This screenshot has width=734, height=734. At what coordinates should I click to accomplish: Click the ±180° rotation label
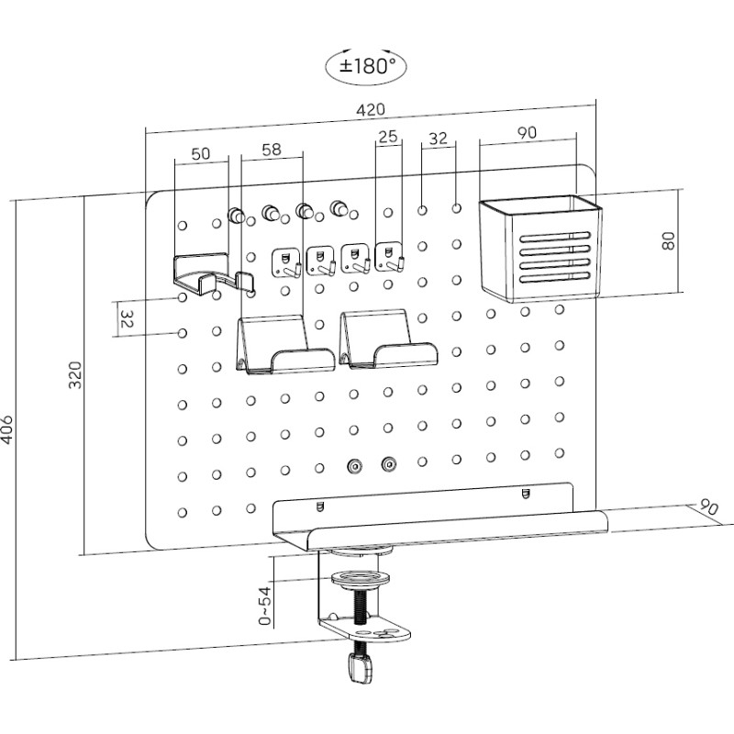pyautogui.click(x=366, y=66)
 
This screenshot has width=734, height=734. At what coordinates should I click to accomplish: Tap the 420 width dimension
pyautogui.click(x=371, y=110)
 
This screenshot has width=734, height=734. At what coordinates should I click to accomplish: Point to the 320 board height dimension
pyautogui.click(x=75, y=374)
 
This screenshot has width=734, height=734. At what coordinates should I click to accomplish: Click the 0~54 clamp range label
pyautogui.click(x=265, y=606)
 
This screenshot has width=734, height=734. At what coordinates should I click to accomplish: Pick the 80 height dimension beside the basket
pyautogui.click(x=669, y=240)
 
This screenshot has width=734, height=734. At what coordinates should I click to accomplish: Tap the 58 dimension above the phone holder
pyautogui.click(x=272, y=150)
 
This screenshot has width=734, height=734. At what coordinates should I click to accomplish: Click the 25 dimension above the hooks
pyautogui.click(x=387, y=137)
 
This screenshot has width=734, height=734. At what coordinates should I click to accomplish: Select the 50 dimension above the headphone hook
pyautogui.click(x=201, y=153)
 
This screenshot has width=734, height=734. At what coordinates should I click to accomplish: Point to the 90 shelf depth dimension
pyautogui.click(x=709, y=507)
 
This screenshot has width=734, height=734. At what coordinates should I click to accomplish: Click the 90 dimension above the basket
pyautogui.click(x=527, y=132)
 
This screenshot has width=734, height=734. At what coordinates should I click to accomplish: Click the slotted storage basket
pyautogui.click(x=541, y=249)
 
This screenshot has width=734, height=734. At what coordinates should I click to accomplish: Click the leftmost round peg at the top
pyautogui.click(x=236, y=216)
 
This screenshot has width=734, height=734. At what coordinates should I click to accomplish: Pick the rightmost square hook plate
pyautogui.click(x=389, y=258)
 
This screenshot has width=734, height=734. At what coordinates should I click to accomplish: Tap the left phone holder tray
pyautogui.click(x=284, y=345)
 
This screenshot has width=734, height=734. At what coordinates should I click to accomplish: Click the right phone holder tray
pyautogui.click(x=387, y=339)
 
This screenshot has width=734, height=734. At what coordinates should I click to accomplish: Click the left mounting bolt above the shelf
pyautogui.click(x=354, y=466)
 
